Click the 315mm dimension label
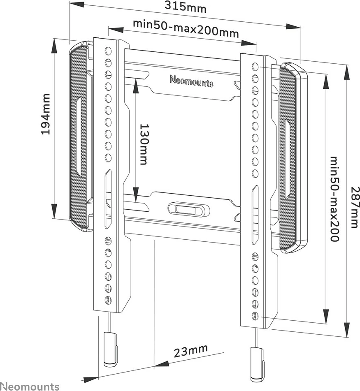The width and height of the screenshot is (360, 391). [186, 7]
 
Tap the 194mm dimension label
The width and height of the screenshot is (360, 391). [46, 114]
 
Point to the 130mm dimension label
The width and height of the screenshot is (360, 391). [144, 144]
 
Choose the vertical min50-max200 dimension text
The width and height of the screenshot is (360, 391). [334, 199]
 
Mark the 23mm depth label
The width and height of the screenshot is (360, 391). [191, 351]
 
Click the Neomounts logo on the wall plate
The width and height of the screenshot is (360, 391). [192, 81]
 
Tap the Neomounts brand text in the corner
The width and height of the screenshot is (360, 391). [30, 386]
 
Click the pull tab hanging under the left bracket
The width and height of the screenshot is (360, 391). [110, 349]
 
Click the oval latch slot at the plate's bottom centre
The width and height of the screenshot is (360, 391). [188, 208]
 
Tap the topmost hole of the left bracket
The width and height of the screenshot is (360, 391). [108, 51]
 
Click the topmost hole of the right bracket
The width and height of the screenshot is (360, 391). [255, 67]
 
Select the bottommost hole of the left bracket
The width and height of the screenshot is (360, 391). [108, 299]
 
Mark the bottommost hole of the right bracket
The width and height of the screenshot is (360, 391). [255, 316]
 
